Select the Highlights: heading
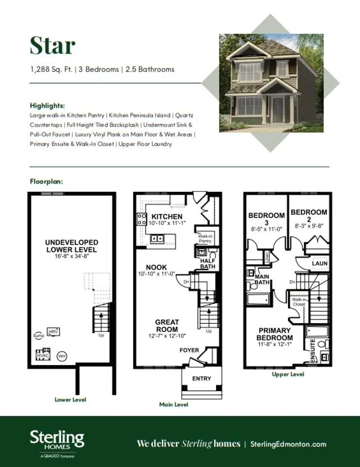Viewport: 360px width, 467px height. click(47, 105)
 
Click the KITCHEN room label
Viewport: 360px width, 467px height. click(167, 217)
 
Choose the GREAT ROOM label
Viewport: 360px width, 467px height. click(166, 326)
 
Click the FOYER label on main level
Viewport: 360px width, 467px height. click(189, 351)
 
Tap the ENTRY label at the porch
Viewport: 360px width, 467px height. click(201, 379)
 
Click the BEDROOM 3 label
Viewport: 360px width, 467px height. click(267, 219)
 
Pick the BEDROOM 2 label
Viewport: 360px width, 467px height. click(309, 215)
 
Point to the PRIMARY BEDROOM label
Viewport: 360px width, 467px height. click(274, 334)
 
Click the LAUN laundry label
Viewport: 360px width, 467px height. click(319, 263)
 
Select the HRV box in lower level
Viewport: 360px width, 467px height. click(53, 332)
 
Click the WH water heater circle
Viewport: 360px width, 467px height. click(62, 356)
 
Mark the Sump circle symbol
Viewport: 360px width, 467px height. click(39, 335)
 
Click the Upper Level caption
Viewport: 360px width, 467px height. click(288, 374)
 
